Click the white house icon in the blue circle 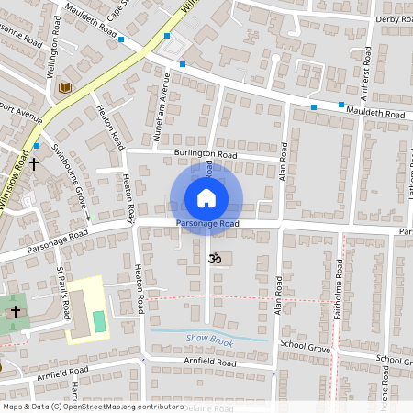click(206, 197)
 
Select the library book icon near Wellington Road click(64, 87)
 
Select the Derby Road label click(393, 18)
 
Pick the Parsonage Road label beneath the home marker click(207, 224)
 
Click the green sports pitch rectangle click(98, 322)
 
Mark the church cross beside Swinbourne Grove click(34, 164)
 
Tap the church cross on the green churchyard click(16, 312)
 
